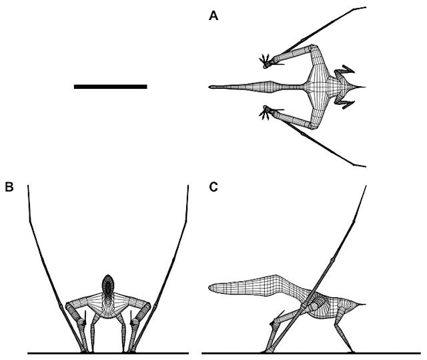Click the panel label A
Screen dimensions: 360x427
pos(213,18)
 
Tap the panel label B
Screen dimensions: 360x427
pos(9,188)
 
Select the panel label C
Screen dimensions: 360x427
pos(213,188)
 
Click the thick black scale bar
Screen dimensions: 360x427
pos(110,86)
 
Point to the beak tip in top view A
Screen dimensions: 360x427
pos(210,87)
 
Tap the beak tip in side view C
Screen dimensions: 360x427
pos(209,289)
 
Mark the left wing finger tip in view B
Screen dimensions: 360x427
pos(27,186)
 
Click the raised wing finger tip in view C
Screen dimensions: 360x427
pos(366,186)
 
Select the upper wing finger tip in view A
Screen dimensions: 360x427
pos(364,7)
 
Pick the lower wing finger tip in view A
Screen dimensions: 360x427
pos(364,166)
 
